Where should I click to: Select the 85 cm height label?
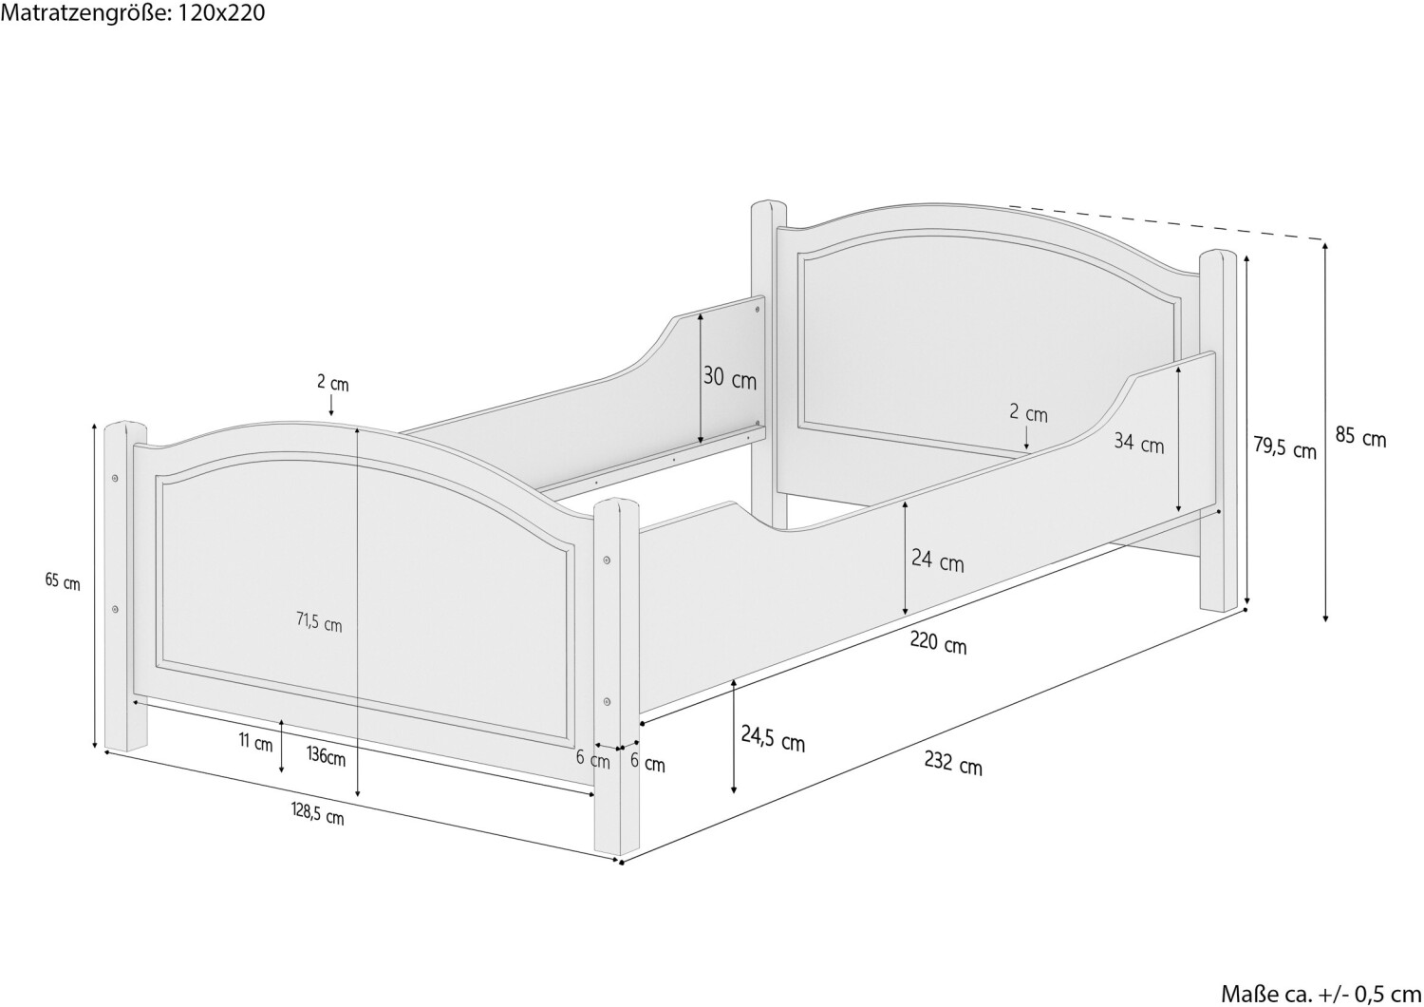(x=1360, y=437)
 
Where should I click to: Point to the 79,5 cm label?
(x=1284, y=447)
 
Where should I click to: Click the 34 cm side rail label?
(x=1138, y=443)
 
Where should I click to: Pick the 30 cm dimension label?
(x=730, y=378)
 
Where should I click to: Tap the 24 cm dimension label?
(x=938, y=560)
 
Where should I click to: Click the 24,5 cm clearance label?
(x=773, y=739)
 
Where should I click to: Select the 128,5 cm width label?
(x=318, y=813)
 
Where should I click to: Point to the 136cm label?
(x=327, y=756)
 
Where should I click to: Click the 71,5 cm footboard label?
(x=319, y=623)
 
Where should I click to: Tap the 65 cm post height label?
(x=63, y=581)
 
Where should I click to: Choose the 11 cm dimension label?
(x=255, y=742)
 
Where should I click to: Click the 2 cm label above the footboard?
(x=333, y=384)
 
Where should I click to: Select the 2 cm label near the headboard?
(x=1028, y=413)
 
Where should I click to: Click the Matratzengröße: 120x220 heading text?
(x=133, y=12)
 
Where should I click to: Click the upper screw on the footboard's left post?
(x=115, y=478)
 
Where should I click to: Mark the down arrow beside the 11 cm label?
(x=282, y=748)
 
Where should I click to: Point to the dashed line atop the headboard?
(x=1167, y=223)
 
